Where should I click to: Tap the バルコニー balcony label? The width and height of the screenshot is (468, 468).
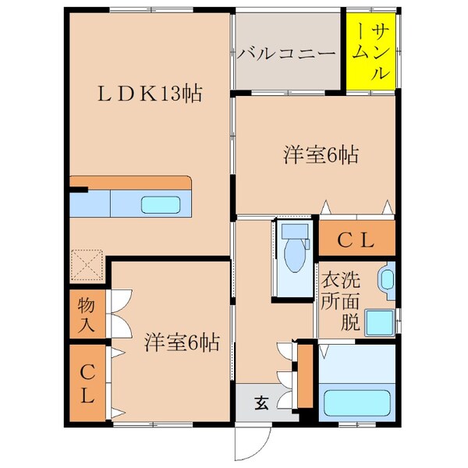[x=286, y=54]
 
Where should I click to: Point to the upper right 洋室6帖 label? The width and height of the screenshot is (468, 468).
[x=320, y=154]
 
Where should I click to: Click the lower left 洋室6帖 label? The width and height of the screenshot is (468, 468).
[x=181, y=341]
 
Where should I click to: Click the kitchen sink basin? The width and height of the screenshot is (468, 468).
[x=161, y=205]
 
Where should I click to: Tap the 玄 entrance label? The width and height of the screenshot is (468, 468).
[x=261, y=403]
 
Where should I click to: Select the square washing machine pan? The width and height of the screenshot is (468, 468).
[x=380, y=321]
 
